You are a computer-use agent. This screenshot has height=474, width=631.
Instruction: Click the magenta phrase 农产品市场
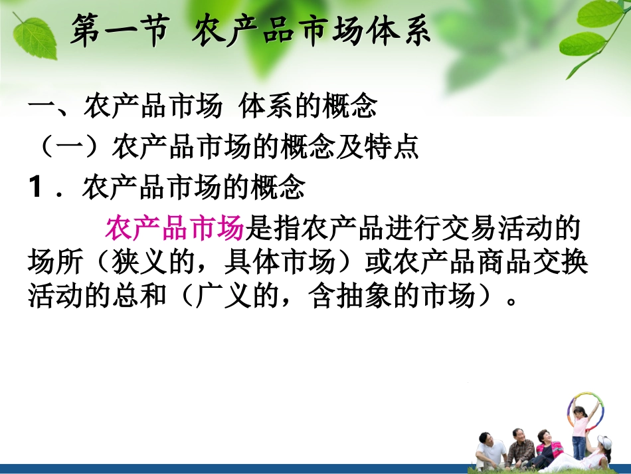coord(175,229)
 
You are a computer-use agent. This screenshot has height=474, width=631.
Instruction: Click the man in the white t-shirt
coord(490,452)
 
